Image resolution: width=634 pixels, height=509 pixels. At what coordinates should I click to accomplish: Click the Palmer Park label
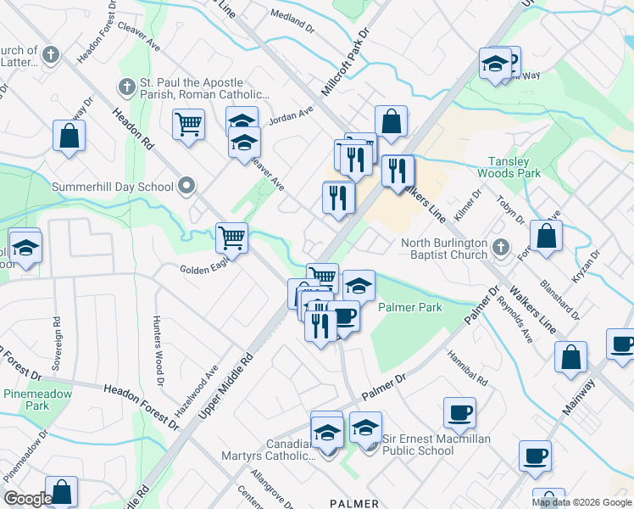(x=409, y=307)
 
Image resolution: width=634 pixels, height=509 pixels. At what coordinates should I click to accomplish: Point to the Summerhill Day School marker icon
(x=186, y=187)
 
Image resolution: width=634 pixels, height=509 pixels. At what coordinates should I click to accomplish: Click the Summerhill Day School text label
(x=113, y=187)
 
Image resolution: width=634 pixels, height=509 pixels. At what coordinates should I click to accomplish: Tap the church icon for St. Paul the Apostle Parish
(x=127, y=86)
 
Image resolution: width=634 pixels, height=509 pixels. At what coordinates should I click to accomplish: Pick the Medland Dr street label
(x=292, y=15)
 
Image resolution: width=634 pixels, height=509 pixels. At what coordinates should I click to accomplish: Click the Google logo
(x=28, y=499)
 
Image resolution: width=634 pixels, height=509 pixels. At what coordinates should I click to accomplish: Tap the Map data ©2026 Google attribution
(x=581, y=501)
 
